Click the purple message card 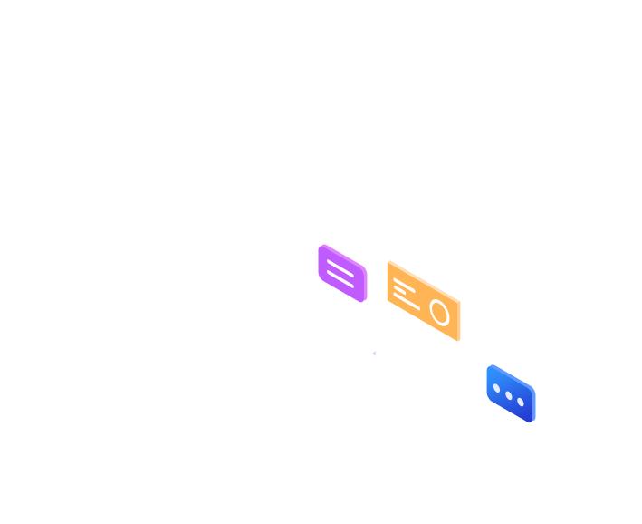pos(342,273)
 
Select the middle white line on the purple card pos(340,273)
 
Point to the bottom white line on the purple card pos(340,281)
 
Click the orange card pos(424,301)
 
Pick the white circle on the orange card pos(440,313)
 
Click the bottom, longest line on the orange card pos(407,302)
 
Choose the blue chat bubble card pos(511,394)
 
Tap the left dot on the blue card pos(497,388)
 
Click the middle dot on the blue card pos(509,395)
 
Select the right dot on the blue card pos(521,402)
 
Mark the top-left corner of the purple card pos(321,246)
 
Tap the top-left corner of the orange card pos(388,262)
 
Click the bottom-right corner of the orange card pos(459,340)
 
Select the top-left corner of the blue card pos(489,366)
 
